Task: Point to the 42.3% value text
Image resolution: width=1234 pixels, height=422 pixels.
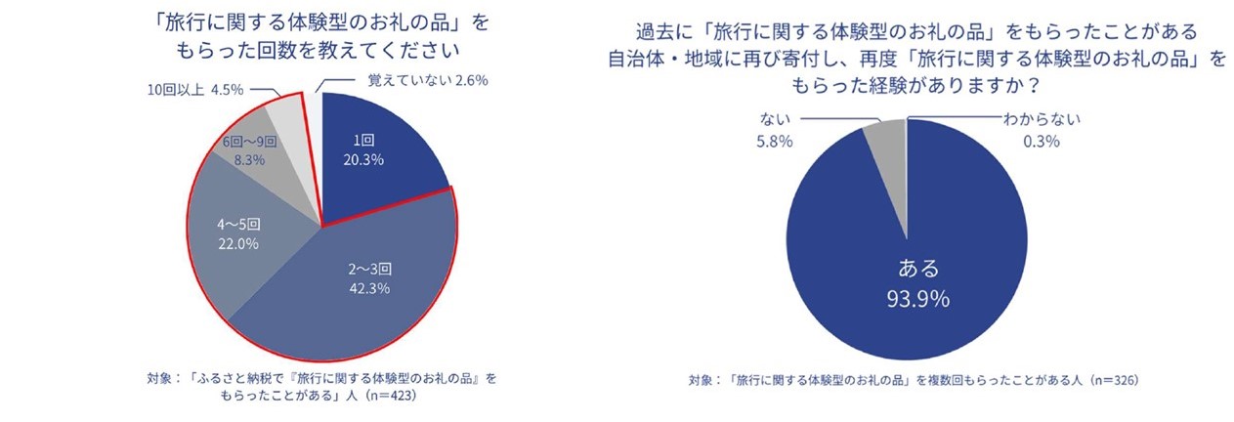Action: (x=366, y=288)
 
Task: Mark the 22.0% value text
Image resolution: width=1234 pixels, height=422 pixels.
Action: (x=237, y=244)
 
